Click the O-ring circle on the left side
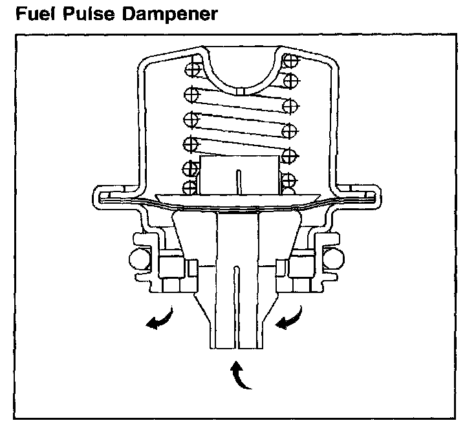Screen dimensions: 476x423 pos(138,259)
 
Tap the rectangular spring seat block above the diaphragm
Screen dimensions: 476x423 pos(240,175)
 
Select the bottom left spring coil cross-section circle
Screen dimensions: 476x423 pos(190,187)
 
